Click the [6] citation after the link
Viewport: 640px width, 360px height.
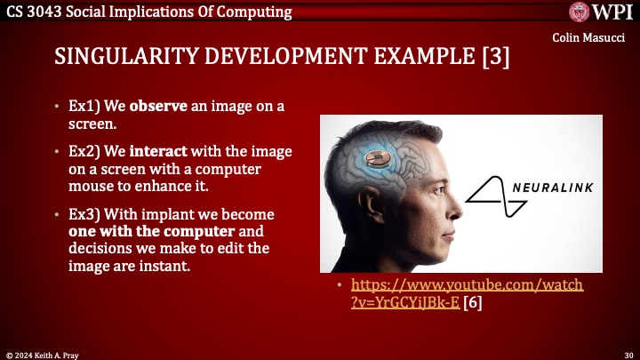tap(474, 302)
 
